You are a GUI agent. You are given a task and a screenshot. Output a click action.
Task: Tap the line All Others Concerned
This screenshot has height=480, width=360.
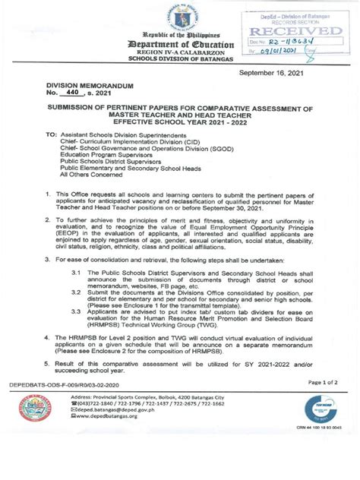[92, 182]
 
